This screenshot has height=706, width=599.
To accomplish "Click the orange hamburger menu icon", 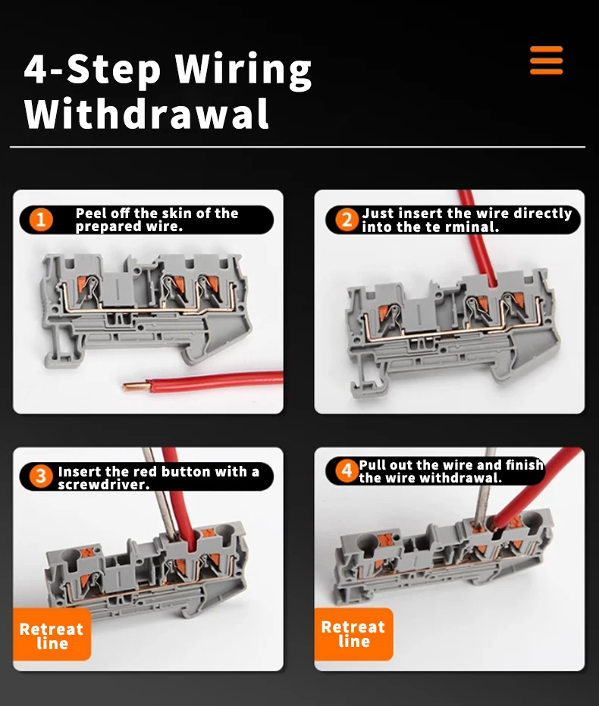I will pos(546,61).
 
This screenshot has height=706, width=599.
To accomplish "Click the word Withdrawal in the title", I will pos(146,114).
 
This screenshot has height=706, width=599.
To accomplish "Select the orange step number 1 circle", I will pos(41,220).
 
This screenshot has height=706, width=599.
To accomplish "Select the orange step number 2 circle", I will pos(347,220).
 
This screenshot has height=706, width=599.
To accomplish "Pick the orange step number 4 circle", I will pos(347,471).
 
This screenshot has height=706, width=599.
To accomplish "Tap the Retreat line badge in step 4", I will pos(353,633).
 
